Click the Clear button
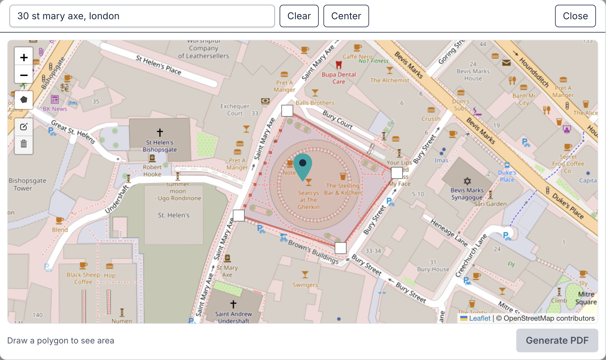click(299, 16)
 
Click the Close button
click(575, 16)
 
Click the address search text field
click(142, 16)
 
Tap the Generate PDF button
click(557, 340)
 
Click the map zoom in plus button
click(24, 57)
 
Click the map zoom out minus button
click(24, 75)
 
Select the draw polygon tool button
click(24, 100)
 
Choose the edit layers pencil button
click(24, 127)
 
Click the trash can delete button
click(24, 144)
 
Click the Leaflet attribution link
click(480, 318)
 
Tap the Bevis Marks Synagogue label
click(467, 194)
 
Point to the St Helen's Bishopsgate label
click(160, 146)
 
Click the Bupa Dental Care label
click(339, 78)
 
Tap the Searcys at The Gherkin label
click(308, 200)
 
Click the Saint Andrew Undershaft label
click(233, 317)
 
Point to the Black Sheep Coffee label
click(83, 278)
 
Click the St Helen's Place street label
click(158, 65)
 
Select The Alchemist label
click(389, 80)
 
